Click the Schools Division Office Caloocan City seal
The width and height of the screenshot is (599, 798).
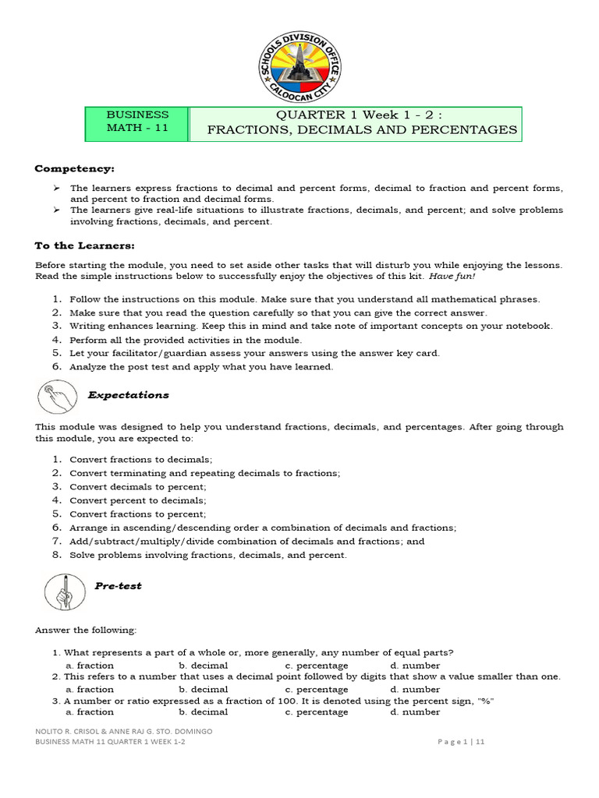click(299, 68)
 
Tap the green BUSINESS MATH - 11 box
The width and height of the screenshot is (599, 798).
click(137, 122)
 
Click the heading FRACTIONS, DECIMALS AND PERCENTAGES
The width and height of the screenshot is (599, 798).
click(362, 130)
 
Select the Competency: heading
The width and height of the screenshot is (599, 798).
click(74, 169)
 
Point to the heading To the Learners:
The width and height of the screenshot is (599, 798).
click(85, 245)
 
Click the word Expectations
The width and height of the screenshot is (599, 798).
click(128, 395)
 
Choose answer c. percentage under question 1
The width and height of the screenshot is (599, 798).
click(317, 666)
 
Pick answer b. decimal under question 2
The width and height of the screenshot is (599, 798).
click(204, 689)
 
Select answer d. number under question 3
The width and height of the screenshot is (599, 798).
click(416, 711)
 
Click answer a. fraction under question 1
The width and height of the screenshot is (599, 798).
click(90, 666)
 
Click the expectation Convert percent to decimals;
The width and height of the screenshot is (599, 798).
click(138, 500)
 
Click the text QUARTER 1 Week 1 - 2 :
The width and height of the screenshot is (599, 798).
click(362, 115)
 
